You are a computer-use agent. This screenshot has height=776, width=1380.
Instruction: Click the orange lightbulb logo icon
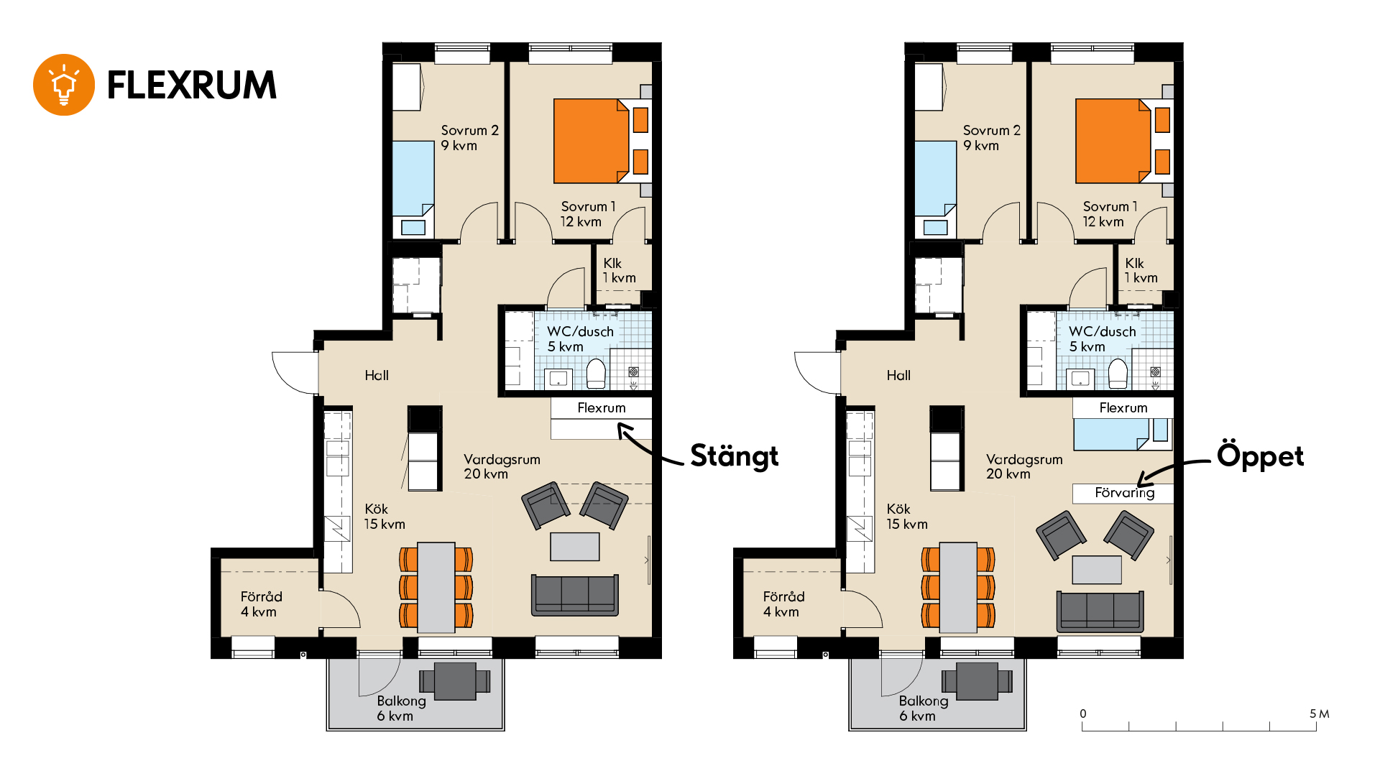pyautogui.click(x=64, y=85)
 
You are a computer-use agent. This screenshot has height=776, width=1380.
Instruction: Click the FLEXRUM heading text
pyautogui.click(x=192, y=86)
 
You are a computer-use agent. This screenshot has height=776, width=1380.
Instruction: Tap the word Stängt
pyautogui.click(x=734, y=457)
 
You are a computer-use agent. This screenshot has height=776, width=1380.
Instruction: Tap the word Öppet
pyautogui.click(x=1260, y=457)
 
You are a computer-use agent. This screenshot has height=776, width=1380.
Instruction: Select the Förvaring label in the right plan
pyautogui.click(x=1124, y=493)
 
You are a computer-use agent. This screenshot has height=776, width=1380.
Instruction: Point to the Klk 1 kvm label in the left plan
pyautogui.click(x=619, y=271)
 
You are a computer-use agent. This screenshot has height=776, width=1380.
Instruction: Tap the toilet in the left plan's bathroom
pyautogui.click(x=596, y=374)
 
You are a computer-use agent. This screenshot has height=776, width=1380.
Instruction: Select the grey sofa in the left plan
pyautogui.click(x=574, y=595)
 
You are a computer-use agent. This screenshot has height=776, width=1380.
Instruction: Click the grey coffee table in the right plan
pyautogui.click(x=1097, y=570)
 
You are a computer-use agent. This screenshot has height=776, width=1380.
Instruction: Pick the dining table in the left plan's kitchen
pyautogui.click(x=436, y=588)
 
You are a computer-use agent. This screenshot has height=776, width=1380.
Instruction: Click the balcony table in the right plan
pyautogui.click(x=977, y=681)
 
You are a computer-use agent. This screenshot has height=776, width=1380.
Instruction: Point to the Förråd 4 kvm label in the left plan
pyautogui.click(x=261, y=604)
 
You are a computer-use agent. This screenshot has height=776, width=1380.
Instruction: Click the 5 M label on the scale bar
pyautogui.click(x=1319, y=713)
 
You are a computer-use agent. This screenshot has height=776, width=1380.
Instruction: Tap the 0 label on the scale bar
pyautogui.click(x=1083, y=713)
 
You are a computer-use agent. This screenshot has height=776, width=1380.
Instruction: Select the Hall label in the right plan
pyautogui.click(x=898, y=375)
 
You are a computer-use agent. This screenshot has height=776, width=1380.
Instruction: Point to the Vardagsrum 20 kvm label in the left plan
pyautogui.click(x=502, y=466)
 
